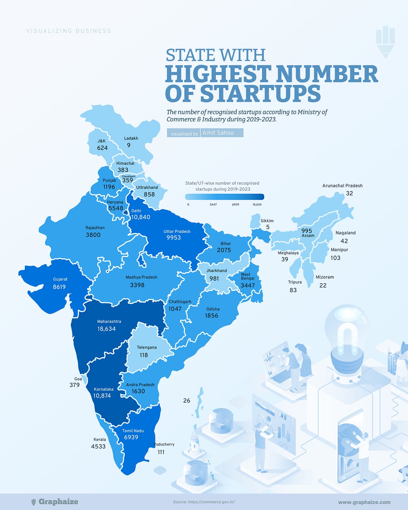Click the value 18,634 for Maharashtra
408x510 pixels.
pyautogui.click(x=106, y=329)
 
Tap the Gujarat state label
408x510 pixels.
pyautogui.click(x=60, y=279)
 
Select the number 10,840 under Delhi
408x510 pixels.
pyautogui.click(x=140, y=217)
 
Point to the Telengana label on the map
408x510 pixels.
pyautogui.click(x=147, y=347)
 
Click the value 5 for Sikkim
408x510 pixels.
pyautogui.click(x=268, y=227)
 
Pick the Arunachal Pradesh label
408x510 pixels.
pyautogui.click(x=342, y=186)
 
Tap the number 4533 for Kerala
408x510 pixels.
pyautogui.click(x=98, y=446)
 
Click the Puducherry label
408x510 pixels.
pyautogui.click(x=164, y=444)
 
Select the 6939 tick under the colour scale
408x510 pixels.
pyautogui.click(x=235, y=205)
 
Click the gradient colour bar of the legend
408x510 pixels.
pyautogui.click(x=224, y=197)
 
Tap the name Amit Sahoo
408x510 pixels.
pyautogui.click(x=218, y=133)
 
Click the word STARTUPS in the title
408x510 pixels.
pyautogui.click(x=260, y=93)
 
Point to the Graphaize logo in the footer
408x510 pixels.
pyautogui.click(x=54, y=502)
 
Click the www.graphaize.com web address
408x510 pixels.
pyautogui.click(x=364, y=502)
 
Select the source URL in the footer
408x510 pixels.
pyautogui.click(x=204, y=502)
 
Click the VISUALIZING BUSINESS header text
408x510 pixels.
pyautogui.click(x=69, y=31)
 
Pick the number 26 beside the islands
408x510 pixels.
pyautogui.click(x=187, y=401)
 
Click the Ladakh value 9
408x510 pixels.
pyautogui.click(x=129, y=145)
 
